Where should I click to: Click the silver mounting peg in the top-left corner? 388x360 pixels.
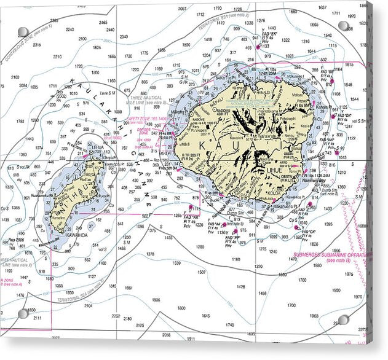(23, 31)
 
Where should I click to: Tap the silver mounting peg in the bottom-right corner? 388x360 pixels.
(343, 319)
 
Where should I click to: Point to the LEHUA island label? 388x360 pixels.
(97, 148)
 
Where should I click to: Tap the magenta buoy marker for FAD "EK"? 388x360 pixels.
(258, 46)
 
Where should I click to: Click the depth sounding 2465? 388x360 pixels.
(103, 22)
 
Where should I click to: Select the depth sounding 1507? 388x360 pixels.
(201, 272)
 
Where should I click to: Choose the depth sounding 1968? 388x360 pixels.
(314, 316)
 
